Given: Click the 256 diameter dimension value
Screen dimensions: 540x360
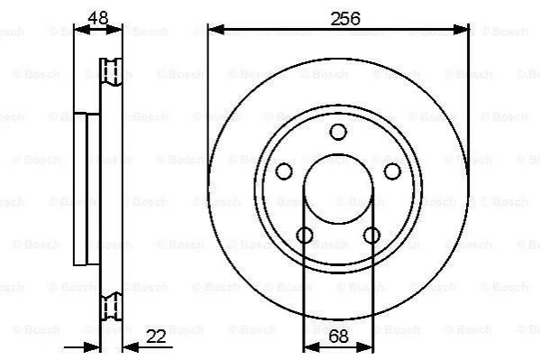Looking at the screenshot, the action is coord(345,18).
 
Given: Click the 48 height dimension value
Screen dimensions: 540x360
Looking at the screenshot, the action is coord(98,17).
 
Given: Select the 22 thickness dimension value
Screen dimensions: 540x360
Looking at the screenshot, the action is coord(156,337).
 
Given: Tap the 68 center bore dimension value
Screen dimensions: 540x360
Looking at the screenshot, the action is coord(338,337).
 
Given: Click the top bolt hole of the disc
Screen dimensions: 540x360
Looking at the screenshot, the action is coord(338,132).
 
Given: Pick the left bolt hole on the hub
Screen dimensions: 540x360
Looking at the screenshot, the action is coord(284,171).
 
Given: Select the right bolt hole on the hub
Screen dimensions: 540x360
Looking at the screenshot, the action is coord(392,171).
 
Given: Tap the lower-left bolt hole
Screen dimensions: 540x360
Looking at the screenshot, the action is coord(305,235).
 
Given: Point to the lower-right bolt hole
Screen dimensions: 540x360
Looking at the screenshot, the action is coord(372,235).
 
